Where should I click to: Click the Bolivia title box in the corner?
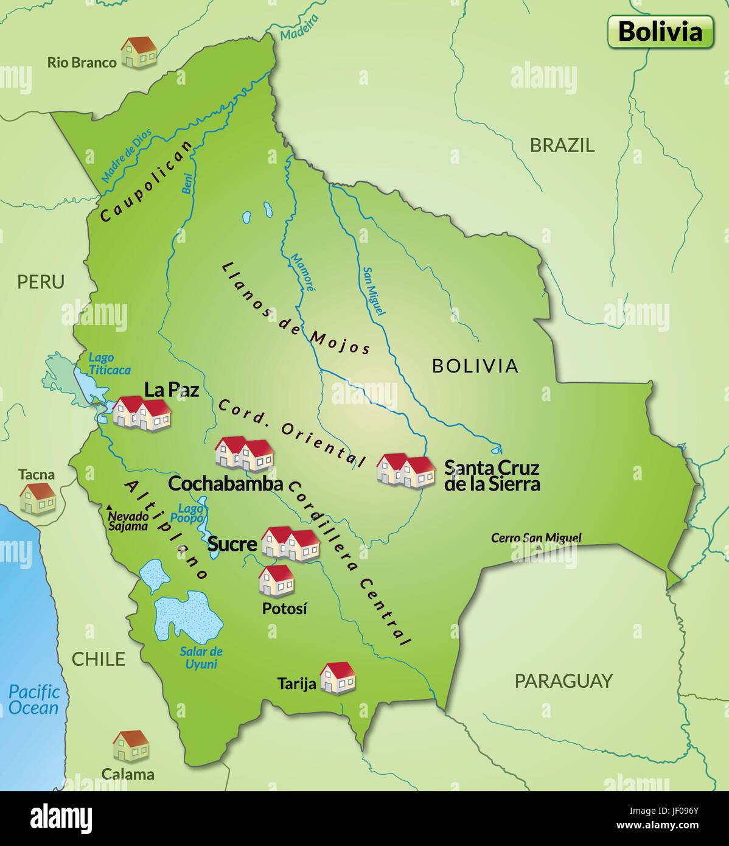click(x=660, y=32)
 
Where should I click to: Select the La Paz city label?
click(x=172, y=390)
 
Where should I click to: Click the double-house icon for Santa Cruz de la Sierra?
click(x=406, y=470)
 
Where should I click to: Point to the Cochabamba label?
click(x=225, y=484)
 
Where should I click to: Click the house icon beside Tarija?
click(x=337, y=677)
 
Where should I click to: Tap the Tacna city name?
click(x=37, y=475)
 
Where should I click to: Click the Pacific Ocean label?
click(x=35, y=700)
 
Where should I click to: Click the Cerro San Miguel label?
click(x=536, y=538)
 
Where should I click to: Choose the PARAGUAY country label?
click(x=563, y=681)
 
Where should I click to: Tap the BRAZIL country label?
click(x=562, y=145)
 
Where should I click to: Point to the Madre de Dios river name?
click(x=125, y=156)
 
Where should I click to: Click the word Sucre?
click(x=232, y=544)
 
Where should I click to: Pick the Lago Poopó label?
click(x=190, y=513)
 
